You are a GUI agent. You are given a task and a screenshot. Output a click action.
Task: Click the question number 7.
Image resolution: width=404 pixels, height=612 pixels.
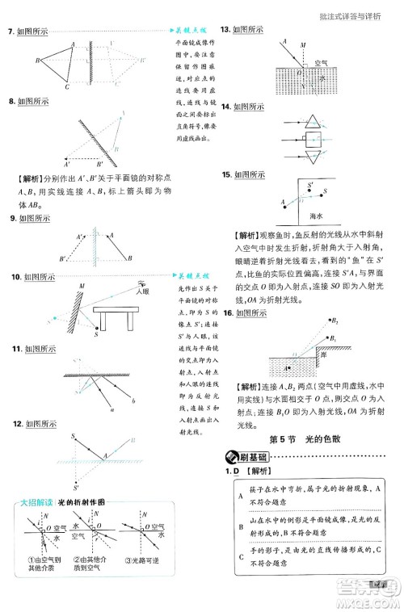(x=10, y=31)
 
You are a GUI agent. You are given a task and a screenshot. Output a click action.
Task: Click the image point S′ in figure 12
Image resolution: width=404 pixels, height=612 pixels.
(x=75, y=488)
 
